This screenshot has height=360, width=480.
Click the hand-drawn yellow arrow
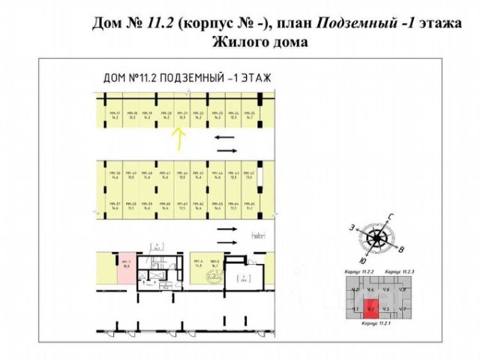[x=178, y=139]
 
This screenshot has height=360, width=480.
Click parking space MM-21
[x=181, y=115]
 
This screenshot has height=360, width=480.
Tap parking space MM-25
[x=250, y=115]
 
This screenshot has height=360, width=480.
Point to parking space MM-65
[x=250, y=205]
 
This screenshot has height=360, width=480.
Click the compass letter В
[x=402, y=250]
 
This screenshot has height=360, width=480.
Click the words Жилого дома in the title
[x=260, y=42]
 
